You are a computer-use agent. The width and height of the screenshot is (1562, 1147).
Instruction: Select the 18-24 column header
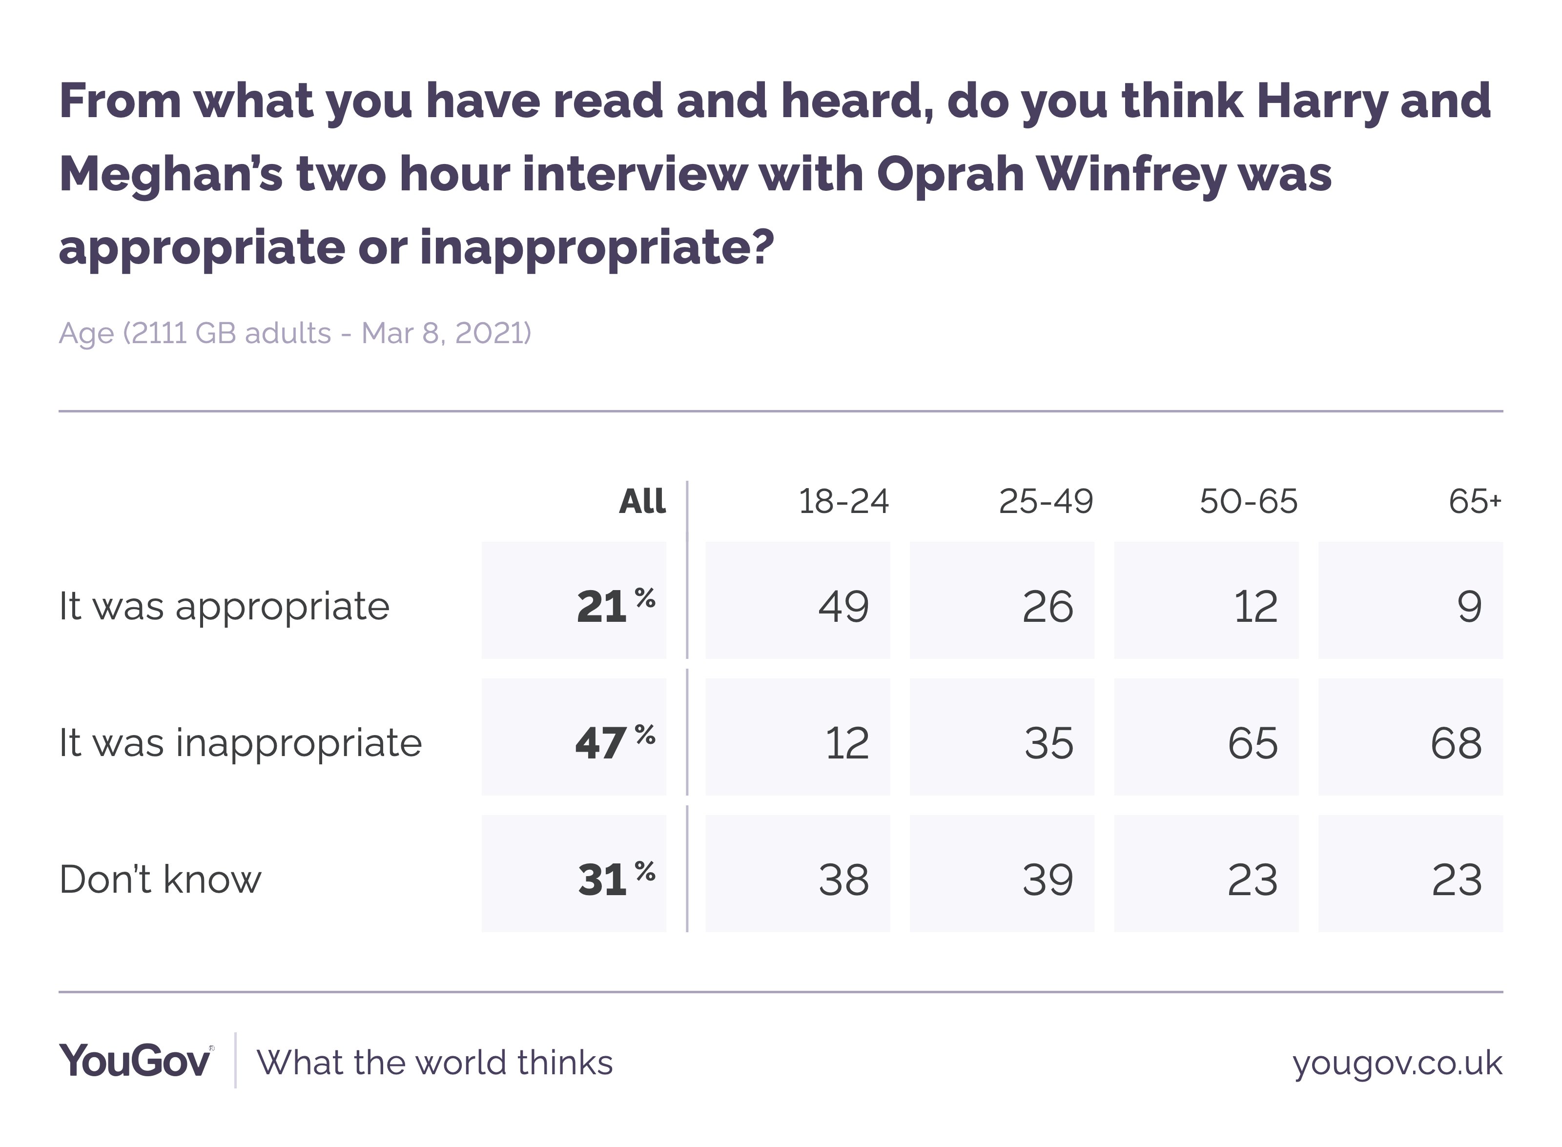843,501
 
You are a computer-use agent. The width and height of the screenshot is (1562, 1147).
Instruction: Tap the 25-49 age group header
1046,501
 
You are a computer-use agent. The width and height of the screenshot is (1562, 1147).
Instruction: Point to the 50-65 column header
1248,501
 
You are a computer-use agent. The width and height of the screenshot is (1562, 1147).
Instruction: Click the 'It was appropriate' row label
224,606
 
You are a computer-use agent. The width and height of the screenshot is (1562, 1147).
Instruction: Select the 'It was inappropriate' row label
240,743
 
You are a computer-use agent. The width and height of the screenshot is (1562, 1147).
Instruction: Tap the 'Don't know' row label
161,879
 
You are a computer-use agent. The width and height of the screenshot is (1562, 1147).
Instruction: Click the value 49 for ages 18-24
843,606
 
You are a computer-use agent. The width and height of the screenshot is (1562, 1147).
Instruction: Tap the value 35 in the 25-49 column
1048,743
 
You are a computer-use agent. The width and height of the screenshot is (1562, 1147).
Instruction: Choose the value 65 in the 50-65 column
1253,743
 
